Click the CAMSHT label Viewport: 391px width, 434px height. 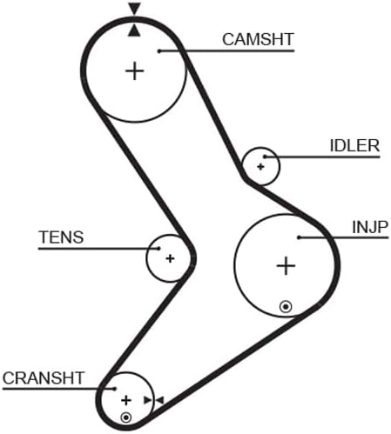258,39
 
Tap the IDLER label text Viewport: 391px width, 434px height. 354,146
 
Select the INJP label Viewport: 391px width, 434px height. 370,227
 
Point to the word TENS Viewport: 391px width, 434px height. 61,237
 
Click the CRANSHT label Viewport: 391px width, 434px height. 44,378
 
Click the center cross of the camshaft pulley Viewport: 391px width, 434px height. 134,71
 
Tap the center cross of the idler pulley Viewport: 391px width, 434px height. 260,167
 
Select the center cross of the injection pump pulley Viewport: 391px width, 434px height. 286,266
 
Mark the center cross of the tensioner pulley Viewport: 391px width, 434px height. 170,258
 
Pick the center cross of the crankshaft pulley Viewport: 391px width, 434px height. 126,401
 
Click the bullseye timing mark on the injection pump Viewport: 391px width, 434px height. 286,307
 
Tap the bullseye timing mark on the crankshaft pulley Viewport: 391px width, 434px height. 126,417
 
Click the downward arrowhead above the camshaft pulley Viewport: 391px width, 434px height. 134,9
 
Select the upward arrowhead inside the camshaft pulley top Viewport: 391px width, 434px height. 134,30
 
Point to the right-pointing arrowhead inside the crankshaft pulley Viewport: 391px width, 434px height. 148,401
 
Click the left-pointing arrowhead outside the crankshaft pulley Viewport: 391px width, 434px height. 160,401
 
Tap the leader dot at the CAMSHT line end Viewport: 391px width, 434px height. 159,51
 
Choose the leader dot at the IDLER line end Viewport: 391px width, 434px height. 265,157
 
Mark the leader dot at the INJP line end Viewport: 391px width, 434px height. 299,237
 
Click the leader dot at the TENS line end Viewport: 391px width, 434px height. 158,249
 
